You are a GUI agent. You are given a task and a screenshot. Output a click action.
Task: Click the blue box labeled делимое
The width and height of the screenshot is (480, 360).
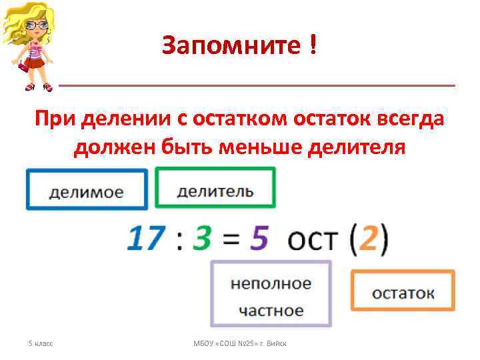pyautogui.click(x=86, y=191)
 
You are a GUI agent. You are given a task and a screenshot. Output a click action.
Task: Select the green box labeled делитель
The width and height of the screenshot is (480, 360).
pyautogui.click(x=215, y=189)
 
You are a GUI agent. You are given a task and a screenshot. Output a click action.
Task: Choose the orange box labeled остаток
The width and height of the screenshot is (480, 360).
pyautogui.click(x=403, y=291)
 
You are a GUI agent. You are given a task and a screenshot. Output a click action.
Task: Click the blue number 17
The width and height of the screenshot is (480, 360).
pyautogui.click(x=146, y=238)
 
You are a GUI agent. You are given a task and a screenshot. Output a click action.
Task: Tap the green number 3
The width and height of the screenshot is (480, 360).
pyautogui.click(x=201, y=238)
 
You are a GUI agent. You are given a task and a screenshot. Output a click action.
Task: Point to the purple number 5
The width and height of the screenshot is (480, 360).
pyautogui.click(x=259, y=238)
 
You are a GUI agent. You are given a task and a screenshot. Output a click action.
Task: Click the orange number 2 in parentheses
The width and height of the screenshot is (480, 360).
pyautogui.click(x=367, y=238)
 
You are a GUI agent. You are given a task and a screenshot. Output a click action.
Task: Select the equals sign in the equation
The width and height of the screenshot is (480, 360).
pyautogui.click(x=231, y=239)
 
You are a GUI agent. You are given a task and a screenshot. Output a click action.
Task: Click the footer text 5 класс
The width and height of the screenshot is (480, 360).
pyautogui.click(x=41, y=343)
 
